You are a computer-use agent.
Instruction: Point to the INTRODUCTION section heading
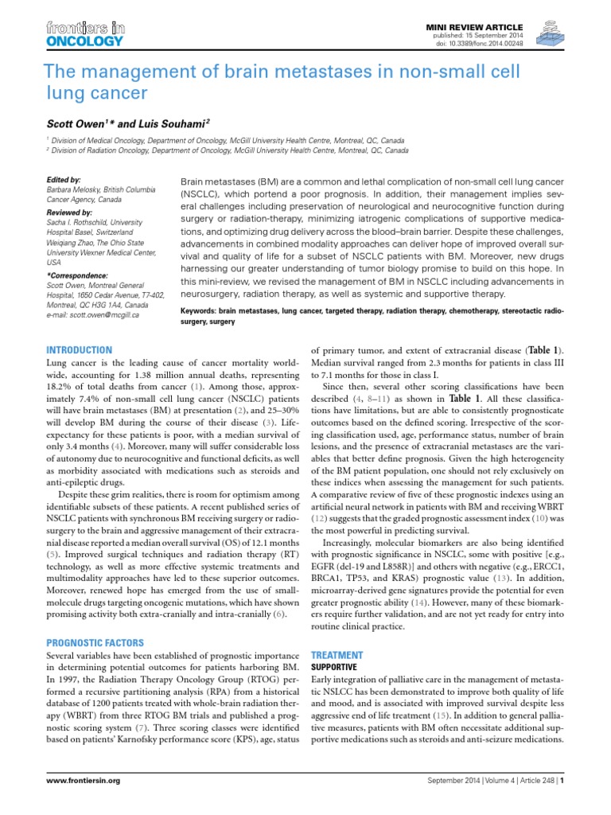[x=80, y=349]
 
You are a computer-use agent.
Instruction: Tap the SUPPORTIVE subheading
[x=334, y=665]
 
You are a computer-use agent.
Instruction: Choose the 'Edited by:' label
[x=64, y=180]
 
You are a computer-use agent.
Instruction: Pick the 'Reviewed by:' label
[x=70, y=213]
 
